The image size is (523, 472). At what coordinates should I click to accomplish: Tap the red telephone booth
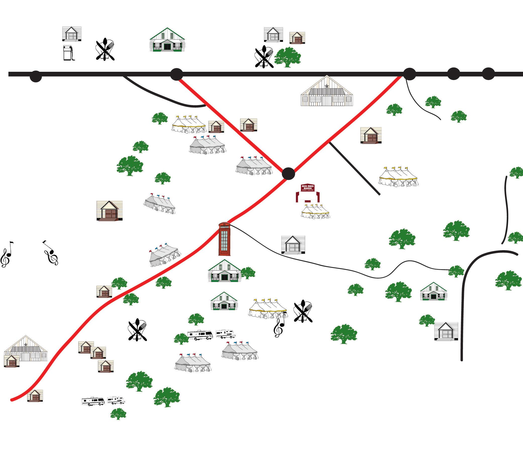coord(224,239)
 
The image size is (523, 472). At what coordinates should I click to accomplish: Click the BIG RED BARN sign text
coord(308,187)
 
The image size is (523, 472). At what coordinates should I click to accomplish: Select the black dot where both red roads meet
coord(288,173)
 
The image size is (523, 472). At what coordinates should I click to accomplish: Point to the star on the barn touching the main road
coord(327,86)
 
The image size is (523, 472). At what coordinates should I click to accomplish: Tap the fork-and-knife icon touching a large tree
coord(264,56)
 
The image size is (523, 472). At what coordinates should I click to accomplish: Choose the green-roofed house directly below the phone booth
coord(225,271)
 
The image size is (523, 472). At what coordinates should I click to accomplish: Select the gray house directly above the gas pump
coord(72,34)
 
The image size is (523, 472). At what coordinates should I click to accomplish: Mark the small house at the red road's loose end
coord(35,396)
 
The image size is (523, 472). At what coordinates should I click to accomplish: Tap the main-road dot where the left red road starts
coord(176,74)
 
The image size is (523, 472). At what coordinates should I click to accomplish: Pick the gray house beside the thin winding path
coord(293,245)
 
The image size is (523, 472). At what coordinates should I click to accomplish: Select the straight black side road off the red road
coord(354,168)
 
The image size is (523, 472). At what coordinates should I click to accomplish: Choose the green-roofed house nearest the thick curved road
coord(434,292)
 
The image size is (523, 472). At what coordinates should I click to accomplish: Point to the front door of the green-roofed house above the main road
coord(167,47)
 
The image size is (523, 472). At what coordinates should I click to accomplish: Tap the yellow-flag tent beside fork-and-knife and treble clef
coord(268,309)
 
